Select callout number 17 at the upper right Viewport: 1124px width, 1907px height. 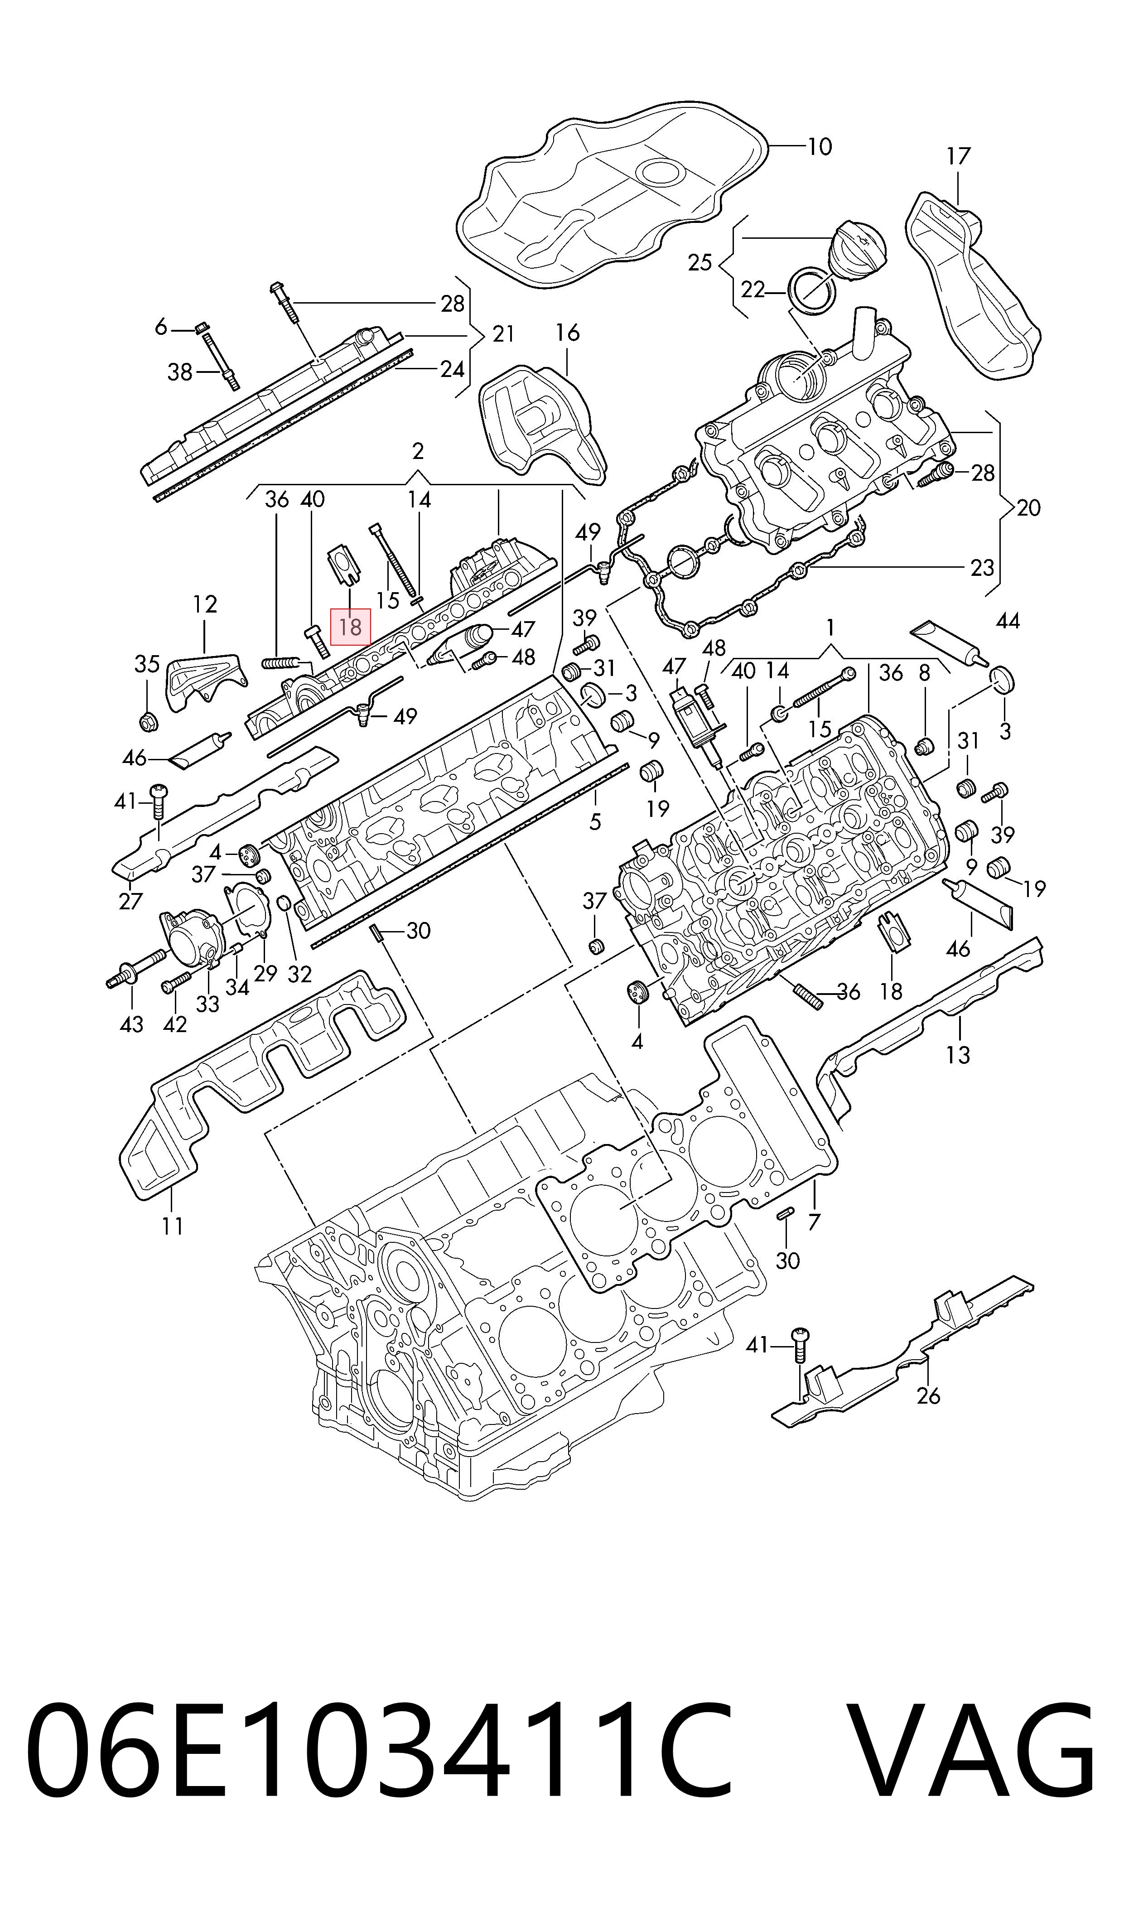pos(958,157)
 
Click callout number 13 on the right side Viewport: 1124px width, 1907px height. pos(957,1054)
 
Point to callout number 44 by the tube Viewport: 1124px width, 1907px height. pos(1008,621)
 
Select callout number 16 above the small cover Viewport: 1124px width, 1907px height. pos(567,333)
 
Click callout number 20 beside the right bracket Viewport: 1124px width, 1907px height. pos(1028,507)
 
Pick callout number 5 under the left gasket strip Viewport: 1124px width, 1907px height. pos(595,821)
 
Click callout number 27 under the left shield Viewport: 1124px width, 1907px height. pos(130,901)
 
